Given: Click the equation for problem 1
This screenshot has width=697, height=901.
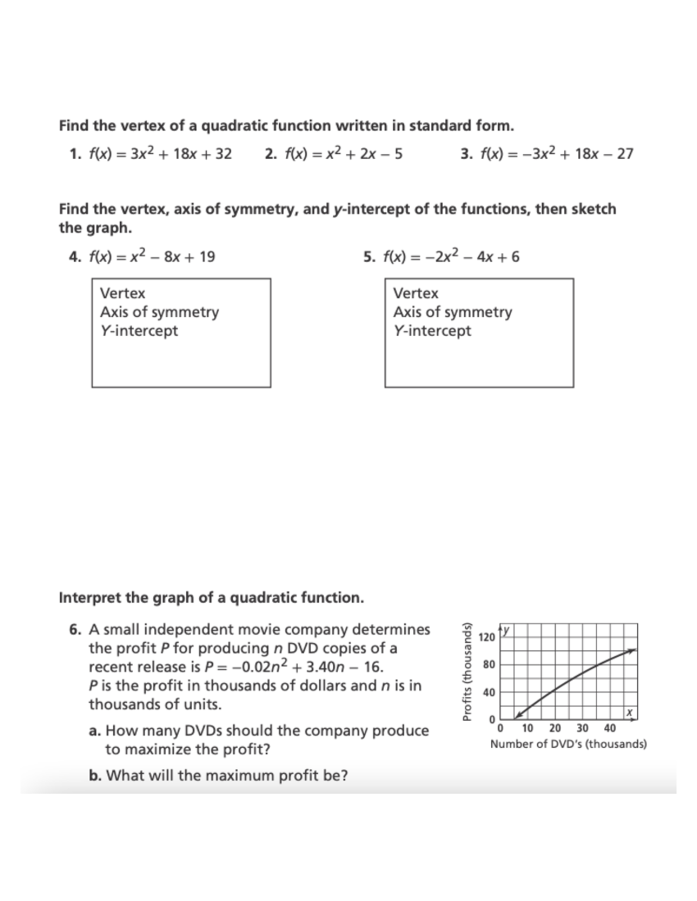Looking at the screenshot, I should (x=160, y=154).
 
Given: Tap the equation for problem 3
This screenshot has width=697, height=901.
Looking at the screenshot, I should (x=555, y=154).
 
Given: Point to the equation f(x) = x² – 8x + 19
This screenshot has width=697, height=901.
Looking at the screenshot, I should (x=152, y=256).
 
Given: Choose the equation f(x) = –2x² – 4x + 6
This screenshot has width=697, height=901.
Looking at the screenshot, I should (x=450, y=256).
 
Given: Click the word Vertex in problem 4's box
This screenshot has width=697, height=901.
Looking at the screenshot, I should (x=123, y=293).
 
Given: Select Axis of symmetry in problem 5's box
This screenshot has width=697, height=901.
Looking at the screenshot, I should (x=452, y=312).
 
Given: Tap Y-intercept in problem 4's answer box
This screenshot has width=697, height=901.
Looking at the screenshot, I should (x=139, y=331).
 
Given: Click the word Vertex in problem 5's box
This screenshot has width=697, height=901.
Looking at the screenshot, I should (x=416, y=293).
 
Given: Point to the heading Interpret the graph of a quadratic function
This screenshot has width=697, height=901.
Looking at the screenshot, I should (x=211, y=598).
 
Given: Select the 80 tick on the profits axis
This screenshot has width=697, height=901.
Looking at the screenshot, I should (x=489, y=664).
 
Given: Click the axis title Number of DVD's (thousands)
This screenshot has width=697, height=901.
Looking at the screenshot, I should (x=568, y=744).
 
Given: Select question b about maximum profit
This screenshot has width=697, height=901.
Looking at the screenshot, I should (x=218, y=776).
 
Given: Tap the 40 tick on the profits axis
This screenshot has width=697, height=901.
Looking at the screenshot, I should (x=489, y=692).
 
